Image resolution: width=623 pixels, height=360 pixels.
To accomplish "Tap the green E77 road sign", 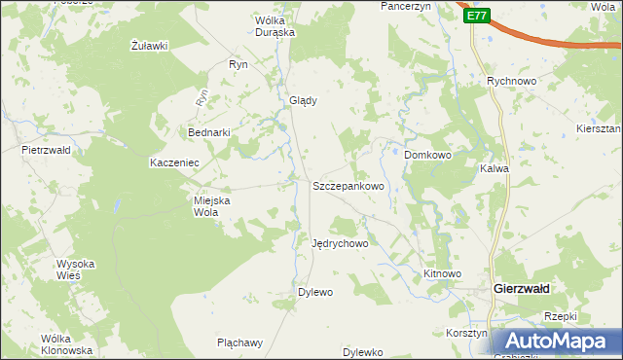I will pyautogui.click(x=476, y=16).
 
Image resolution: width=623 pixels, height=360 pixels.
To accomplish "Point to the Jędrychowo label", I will pyautogui.click(x=340, y=243).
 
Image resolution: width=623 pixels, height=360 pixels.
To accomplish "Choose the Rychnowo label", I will pyautogui.click(x=512, y=83).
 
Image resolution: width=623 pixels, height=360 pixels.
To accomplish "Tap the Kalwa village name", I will pyautogui.click(x=495, y=168).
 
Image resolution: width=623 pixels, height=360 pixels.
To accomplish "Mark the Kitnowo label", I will pyautogui.click(x=442, y=274).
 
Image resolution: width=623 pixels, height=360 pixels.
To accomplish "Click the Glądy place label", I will pyautogui.click(x=303, y=99).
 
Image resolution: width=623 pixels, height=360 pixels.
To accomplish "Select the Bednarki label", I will pyautogui.click(x=207, y=132).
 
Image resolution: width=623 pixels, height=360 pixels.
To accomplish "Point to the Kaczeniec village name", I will pyautogui.click(x=174, y=162).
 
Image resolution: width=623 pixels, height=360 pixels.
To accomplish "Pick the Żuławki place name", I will pyautogui.click(x=150, y=46).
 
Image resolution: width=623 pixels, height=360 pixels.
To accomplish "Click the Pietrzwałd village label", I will pyautogui.click(x=47, y=151).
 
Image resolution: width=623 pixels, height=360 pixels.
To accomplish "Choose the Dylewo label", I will pyautogui.click(x=315, y=292).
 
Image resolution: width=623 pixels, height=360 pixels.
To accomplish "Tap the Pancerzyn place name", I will pyautogui.click(x=405, y=6).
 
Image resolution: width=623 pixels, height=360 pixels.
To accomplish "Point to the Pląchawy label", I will pyautogui.click(x=240, y=342).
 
